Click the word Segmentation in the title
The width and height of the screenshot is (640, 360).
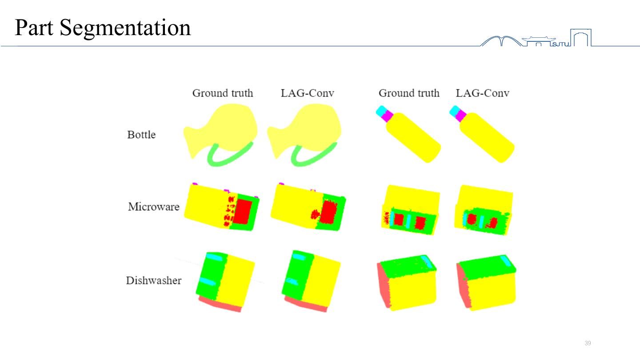(x=125, y=28)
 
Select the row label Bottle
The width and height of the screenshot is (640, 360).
(x=141, y=135)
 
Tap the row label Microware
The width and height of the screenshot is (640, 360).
(x=154, y=207)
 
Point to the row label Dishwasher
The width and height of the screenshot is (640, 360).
(x=154, y=280)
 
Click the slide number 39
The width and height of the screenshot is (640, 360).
(x=588, y=343)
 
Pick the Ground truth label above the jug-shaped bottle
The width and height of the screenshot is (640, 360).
(x=222, y=93)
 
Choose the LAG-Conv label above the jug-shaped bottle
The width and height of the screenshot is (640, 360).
(x=307, y=93)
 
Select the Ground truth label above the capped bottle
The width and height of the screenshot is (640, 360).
(x=409, y=93)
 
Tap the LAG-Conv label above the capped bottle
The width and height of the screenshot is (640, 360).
(x=482, y=93)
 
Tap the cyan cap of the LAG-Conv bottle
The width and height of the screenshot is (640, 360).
(x=454, y=111)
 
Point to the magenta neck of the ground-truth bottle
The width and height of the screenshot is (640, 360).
(x=387, y=116)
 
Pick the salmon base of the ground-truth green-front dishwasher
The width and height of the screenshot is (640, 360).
(x=220, y=304)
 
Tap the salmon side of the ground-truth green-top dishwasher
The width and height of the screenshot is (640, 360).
(x=383, y=287)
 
